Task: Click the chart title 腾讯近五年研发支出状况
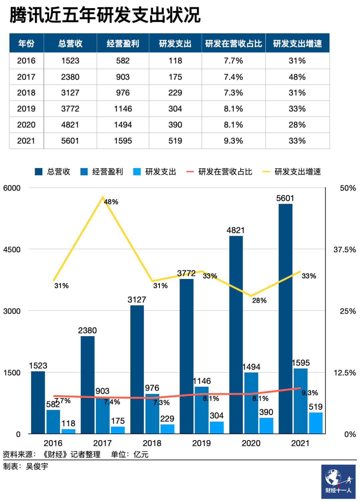click(x=105, y=15)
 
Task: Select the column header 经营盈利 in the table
click(x=123, y=43)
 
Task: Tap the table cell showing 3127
click(x=70, y=93)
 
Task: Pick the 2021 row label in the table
click(x=26, y=141)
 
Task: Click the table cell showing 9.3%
click(x=233, y=141)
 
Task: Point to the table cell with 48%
click(x=297, y=77)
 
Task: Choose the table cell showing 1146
click(x=123, y=109)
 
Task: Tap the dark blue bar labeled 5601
click(x=285, y=317)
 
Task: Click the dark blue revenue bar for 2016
click(x=38, y=402)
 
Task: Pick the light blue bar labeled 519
click(x=316, y=423)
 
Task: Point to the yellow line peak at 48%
click(x=103, y=197)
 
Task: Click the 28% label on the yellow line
click(x=259, y=300)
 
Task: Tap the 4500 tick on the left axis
click(x=12, y=250)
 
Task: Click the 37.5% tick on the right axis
click(x=344, y=250)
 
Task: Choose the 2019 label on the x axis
click(x=201, y=443)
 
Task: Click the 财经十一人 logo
click(x=338, y=481)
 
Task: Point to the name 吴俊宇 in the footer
click(x=37, y=466)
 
